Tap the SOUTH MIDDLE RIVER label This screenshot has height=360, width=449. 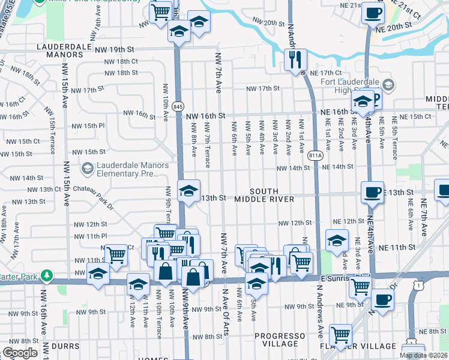click(264, 194)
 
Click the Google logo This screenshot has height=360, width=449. click(20, 353)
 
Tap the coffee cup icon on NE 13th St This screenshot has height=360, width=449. click(372, 192)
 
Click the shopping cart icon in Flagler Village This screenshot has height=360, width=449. click(341, 335)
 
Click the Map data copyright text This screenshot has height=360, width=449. click(423, 355)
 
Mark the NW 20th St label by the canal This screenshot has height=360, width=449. click(268, 23)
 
